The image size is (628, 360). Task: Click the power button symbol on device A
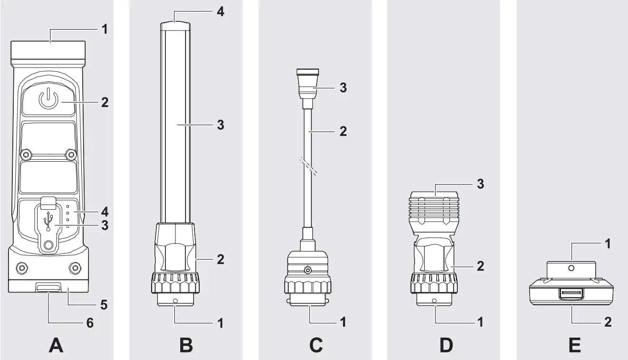point(48,100)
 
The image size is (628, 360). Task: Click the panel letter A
point(57,345)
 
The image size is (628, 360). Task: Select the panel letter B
point(186,345)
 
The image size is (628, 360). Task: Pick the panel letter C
point(316,345)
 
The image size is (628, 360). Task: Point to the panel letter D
point(445,345)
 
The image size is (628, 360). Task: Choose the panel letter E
point(574,345)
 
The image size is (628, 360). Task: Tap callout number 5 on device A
point(103,304)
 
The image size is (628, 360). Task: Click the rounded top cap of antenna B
point(175,27)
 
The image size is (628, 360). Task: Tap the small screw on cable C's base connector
point(309,271)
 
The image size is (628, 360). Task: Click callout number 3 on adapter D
point(480,184)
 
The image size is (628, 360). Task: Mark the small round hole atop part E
point(571,268)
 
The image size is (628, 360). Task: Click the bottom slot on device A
point(48,288)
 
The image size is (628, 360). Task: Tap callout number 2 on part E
point(608,322)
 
